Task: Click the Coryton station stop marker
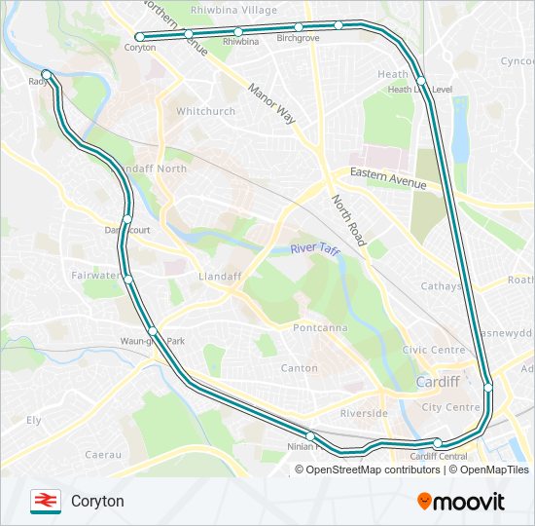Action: tap(140, 37)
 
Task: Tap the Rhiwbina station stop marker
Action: tap(238, 32)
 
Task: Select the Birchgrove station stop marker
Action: tap(299, 27)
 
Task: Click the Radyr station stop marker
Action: tap(47, 73)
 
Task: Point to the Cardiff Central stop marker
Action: tap(438, 444)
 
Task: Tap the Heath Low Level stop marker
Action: tap(420, 80)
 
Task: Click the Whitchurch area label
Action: tap(205, 111)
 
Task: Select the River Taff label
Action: tap(316, 249)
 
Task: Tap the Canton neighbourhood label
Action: tap(299, 368)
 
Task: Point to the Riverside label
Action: tap(364, 413)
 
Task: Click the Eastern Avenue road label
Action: tap(387, 179)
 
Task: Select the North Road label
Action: tap(346, 220)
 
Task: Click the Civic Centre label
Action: tap(434, 350)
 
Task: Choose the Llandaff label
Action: tap(219, 277)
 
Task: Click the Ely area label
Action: tap(34, 420)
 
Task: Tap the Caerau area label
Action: tap(102, 454)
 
